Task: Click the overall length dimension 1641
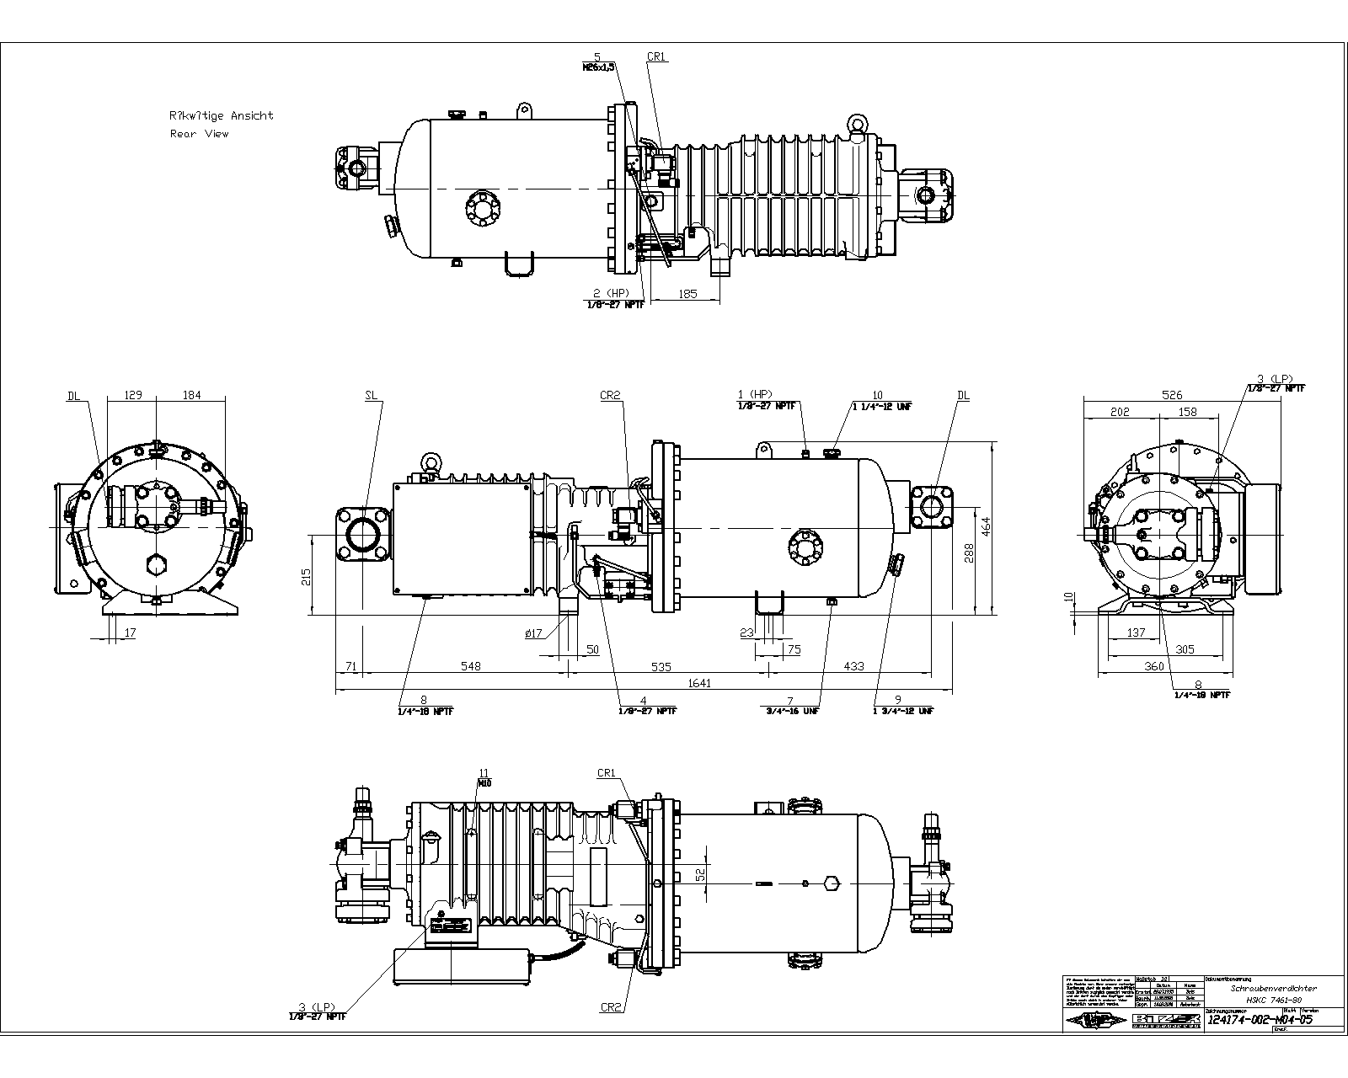[x=699, y=683]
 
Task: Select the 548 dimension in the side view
[x=470, y=666]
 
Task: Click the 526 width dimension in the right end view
[x=1172, y=394]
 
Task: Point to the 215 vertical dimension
[x=306, y=576]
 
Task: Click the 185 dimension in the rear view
[x=687, y=294]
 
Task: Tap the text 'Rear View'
[x=199, y=134]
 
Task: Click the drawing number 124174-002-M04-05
[x=1260, y=1019]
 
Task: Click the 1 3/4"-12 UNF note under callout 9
[x=903, y=711]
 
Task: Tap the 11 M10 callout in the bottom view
[x=484, y=777]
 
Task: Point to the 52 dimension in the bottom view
[x=699, y=876]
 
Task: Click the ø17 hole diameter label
[x=533, y=633]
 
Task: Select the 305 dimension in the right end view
[x=1185, y=649]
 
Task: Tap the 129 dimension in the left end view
[x=132, y=395]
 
